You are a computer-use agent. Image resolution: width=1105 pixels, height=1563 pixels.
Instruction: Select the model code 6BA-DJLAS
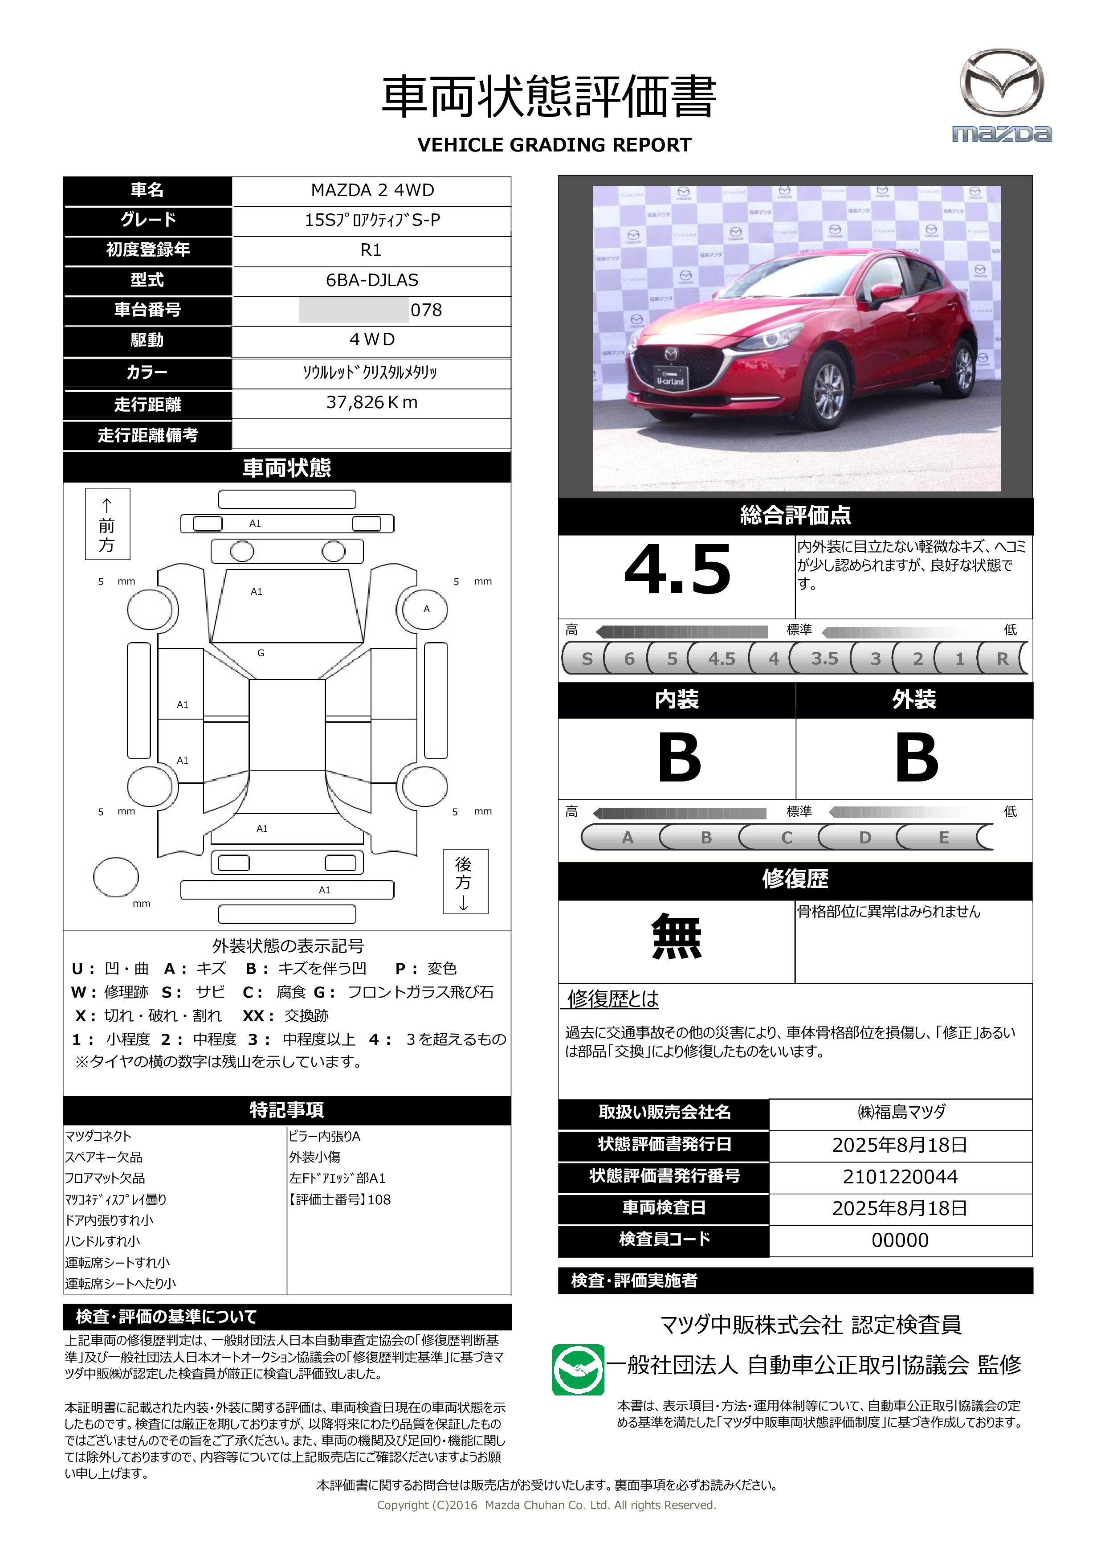click(x=371, y=280)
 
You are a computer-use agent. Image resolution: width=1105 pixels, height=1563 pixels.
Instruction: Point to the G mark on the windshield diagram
click(x=261, y=653)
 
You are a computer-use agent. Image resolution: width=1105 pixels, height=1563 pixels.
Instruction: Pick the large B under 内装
click(x=678, y=758)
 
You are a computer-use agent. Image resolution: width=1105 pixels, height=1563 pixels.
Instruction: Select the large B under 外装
click(x=916, y=758)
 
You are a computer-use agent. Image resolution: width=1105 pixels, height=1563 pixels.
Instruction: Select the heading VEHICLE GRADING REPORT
click(x=554, y=145)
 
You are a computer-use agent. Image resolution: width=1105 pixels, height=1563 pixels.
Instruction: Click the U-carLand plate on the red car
click(x=670, y=378)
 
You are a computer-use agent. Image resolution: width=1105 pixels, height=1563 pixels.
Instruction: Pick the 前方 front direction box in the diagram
click(x=107, y=524)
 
